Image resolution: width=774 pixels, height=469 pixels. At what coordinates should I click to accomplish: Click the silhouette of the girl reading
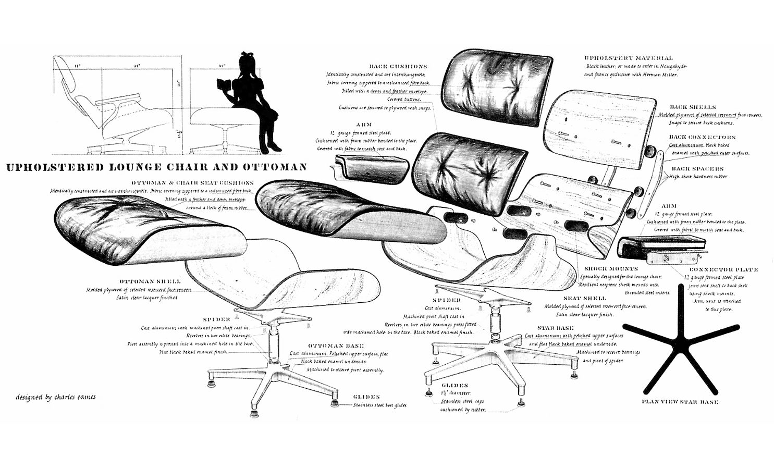tap(255, 104)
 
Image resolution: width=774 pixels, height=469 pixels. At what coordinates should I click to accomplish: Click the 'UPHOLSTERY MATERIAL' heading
tap(628, 58)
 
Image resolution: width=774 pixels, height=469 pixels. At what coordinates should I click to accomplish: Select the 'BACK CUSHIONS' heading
tap(398, 67)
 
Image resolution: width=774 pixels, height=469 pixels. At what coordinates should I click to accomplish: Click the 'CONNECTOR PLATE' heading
tap(723, 270)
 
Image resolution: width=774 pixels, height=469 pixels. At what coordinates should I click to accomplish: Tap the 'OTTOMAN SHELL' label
tap(150, 281)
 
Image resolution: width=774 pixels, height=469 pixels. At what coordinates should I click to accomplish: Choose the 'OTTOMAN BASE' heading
tap(336, 345)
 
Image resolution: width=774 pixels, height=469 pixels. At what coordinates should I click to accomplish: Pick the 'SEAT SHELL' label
tap(585, 298)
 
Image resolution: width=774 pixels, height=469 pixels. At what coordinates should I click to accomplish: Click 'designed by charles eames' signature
tap(56, 397)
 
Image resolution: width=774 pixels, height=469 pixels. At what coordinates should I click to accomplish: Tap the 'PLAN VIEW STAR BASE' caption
tap(680, 402)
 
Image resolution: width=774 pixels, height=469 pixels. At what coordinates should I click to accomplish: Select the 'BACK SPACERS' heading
tap(697, 169)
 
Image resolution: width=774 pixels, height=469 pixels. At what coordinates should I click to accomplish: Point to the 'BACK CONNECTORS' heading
tap(702, 138)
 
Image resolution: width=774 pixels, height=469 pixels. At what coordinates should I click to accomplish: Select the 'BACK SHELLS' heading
tap(693, 107)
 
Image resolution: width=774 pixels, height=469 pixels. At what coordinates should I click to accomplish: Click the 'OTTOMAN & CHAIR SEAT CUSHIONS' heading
tap(193, 183)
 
